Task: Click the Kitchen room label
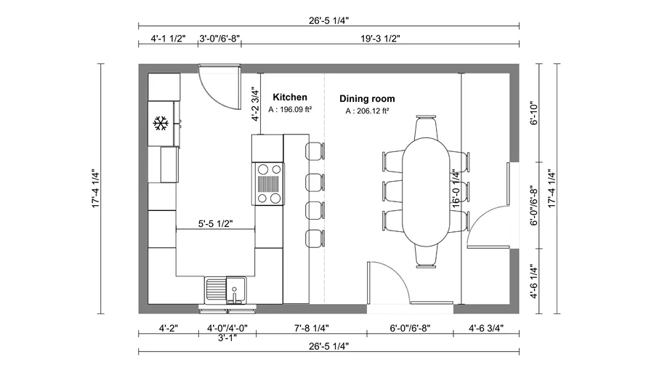click(x=289, y=97)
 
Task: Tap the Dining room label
click(x=367, y=98)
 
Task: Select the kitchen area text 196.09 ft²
click(x=290, y=110)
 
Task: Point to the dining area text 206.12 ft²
click(x=367, y=111)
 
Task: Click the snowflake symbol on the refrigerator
click(x=160, y=123)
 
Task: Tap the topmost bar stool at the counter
click(x=313, y=151)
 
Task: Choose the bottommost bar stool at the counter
click(x=313, y=238)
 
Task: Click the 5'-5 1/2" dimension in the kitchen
click(x=215, y=223)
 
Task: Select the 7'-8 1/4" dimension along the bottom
click(x=310, y=327)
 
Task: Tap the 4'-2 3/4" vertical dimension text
click(x=255, y=105)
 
